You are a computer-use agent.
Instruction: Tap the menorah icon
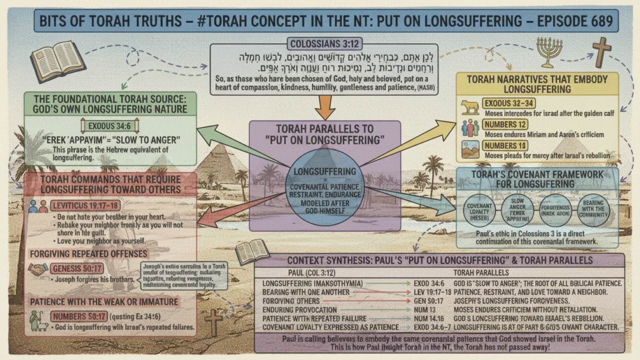549,53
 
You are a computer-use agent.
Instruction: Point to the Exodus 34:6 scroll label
108,126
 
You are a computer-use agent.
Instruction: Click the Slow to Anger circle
517,211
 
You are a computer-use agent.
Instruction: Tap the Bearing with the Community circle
593,211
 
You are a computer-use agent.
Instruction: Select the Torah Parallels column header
492,273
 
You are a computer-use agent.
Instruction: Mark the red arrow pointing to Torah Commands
222,216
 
